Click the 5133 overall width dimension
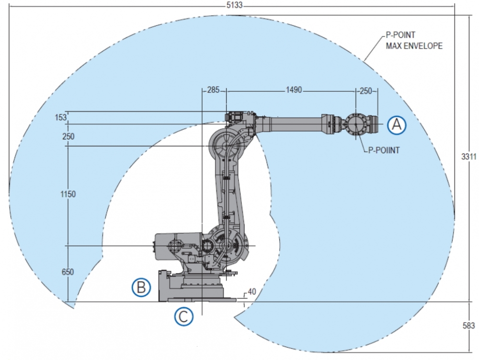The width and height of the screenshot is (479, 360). [234, 5]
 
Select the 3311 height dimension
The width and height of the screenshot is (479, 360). [468, 157]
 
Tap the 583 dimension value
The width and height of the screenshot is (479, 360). [468, 326]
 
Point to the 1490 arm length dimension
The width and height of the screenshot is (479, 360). [294, 90]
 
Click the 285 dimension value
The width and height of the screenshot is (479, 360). [213, 90]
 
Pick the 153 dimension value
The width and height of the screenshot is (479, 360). [60, 118]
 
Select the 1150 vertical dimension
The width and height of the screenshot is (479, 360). [68, 194]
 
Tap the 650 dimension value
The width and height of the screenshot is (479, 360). [68, 272]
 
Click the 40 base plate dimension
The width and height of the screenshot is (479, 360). [251, 292]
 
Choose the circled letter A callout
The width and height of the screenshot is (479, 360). [397, 124]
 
